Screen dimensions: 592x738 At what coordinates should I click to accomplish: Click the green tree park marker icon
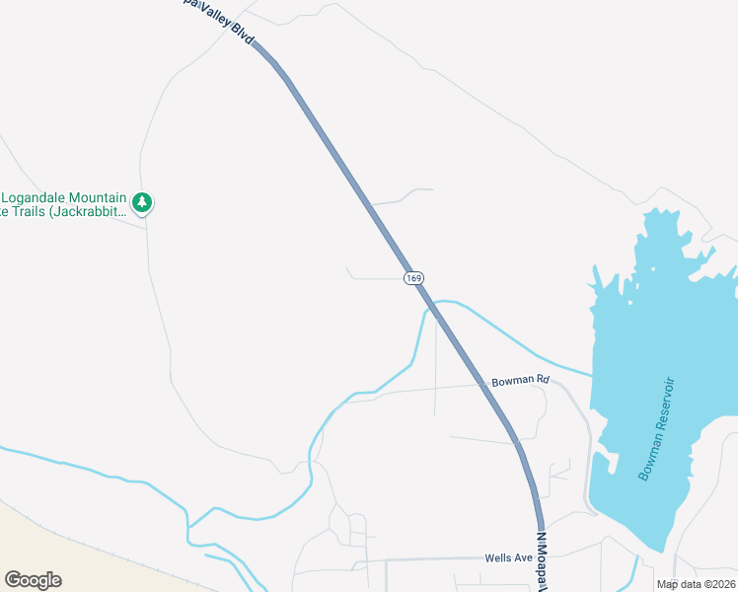click(143, 202)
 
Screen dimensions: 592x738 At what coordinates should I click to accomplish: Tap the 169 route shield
click(413, 278)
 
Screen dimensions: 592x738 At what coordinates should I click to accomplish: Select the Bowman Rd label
click(519, 380)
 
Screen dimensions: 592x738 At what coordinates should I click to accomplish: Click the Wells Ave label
click(510, 557)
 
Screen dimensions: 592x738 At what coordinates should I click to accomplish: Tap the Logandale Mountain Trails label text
click(64, 202)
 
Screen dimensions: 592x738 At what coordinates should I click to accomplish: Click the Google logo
click(33, 579)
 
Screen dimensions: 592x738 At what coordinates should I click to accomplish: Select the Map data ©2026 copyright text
click(696, 584)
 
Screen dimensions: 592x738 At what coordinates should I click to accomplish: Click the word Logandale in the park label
click(39, 194)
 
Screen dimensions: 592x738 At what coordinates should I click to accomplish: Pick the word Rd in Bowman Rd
click(542, 380)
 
